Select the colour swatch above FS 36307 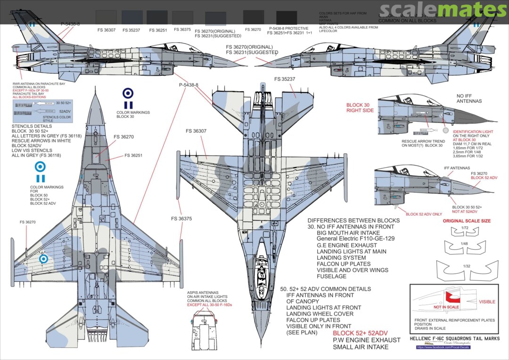[x=106, y=17]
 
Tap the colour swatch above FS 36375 [x=182, y=17]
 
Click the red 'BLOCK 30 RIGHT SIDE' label [x=360, y=107]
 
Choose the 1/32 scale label [x=466, y=266]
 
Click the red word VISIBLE [x=487, y=302]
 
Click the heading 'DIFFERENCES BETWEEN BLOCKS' [x=353, y=221]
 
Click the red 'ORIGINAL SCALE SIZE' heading [x=466, y=221]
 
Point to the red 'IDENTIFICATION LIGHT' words [x=473, y=131]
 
